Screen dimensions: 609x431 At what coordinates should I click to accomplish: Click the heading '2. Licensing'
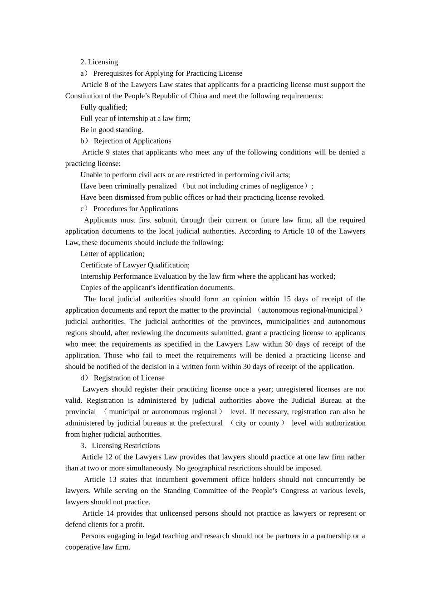99,62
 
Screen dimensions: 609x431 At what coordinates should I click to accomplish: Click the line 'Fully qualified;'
104,107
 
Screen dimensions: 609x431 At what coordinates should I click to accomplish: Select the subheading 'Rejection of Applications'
132,141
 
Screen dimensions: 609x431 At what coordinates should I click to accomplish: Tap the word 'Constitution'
84,96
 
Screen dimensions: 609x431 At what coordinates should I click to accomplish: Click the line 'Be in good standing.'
112,130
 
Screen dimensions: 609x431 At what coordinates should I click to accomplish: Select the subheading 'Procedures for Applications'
135,209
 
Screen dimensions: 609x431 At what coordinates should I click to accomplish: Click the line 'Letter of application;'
112,254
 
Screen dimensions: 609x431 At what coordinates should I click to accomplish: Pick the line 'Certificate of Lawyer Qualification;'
135,265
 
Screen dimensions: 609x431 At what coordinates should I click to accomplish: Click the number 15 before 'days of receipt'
287,299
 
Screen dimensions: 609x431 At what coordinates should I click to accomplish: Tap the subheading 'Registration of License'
129,378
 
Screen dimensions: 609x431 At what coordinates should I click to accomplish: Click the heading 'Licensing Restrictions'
126,446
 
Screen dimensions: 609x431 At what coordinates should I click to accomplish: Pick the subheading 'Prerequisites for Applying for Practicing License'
167,73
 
